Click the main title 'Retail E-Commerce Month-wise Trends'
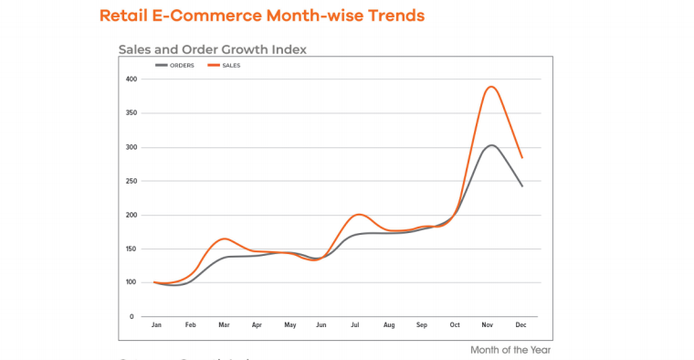pos(261,16)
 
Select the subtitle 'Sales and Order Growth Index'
pos(212,48)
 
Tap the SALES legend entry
pos(229,66)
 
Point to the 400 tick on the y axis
pos(131,79)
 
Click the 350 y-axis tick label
pos(131,113)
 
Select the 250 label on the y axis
pos(131,181)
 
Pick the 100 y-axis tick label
pos(131,282)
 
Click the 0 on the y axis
pos(132,316)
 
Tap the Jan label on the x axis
pos(156,325)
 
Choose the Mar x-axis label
pos(223,325)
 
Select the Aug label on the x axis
pos(390,325)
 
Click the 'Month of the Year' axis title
pos(510,350)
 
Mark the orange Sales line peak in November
pos(491,87)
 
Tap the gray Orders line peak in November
pos(491,144)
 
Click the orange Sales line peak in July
pos(359,215)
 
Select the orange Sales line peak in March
pos(224,238)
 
